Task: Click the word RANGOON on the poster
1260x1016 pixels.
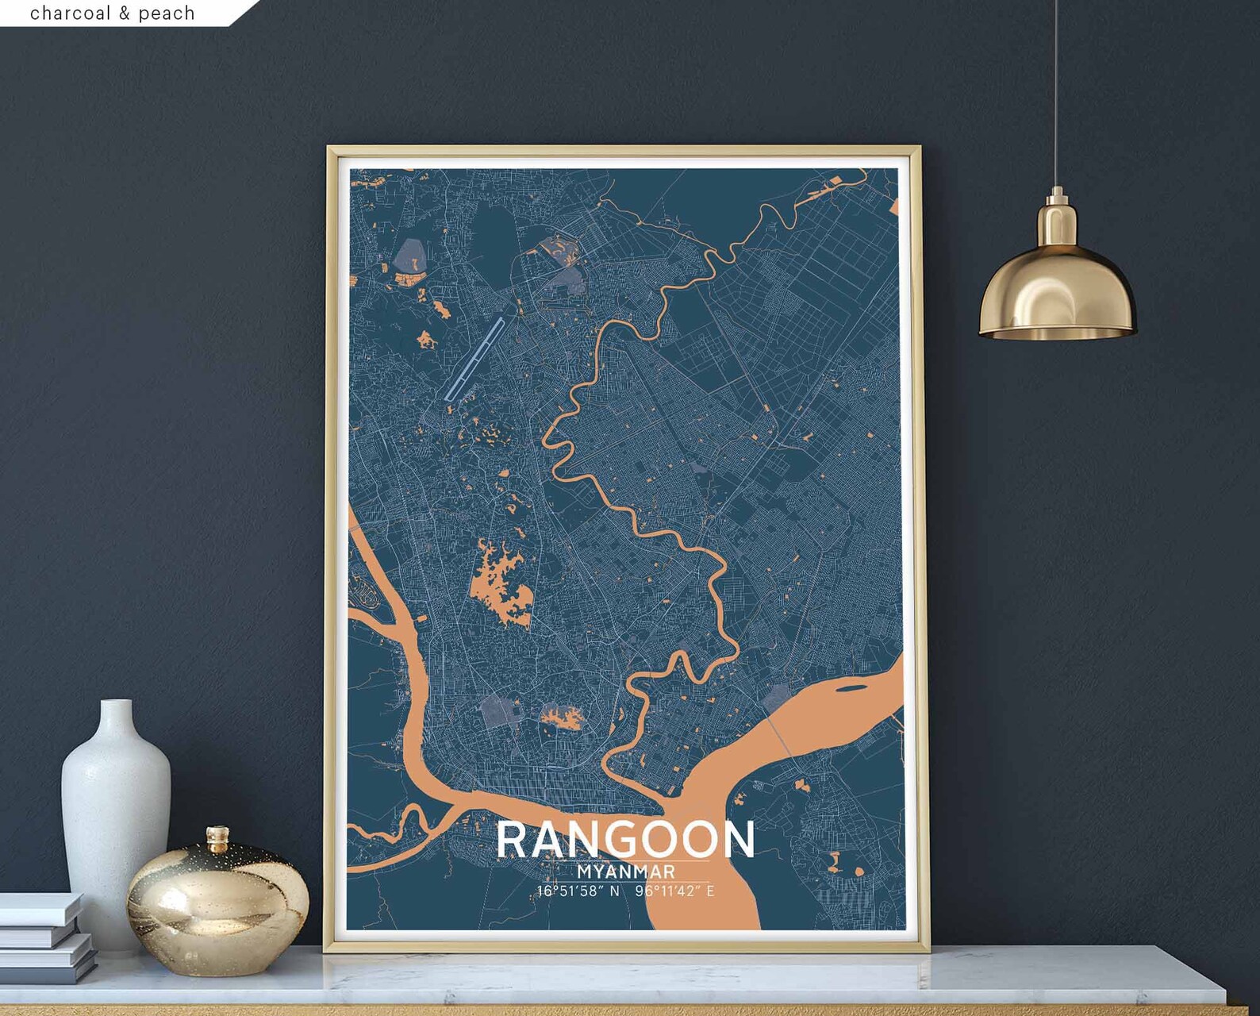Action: [626, 840]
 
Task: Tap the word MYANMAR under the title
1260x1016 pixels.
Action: [626, 872]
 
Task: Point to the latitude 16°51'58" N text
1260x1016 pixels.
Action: [578, 891]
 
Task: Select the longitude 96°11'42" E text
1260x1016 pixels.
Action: [674, 891]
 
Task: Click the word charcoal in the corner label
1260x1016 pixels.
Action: [71, 13]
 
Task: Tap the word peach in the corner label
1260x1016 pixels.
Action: [167, 13]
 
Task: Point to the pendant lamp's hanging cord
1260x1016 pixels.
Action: [1057, 95]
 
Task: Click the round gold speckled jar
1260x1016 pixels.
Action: [217, 905]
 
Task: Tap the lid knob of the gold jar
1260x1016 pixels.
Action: [217, 835]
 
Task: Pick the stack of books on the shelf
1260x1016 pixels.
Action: [44, 937]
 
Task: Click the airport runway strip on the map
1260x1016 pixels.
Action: [474, 358]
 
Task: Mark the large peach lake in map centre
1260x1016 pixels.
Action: [500, 583]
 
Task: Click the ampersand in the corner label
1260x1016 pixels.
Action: [125, 13]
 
